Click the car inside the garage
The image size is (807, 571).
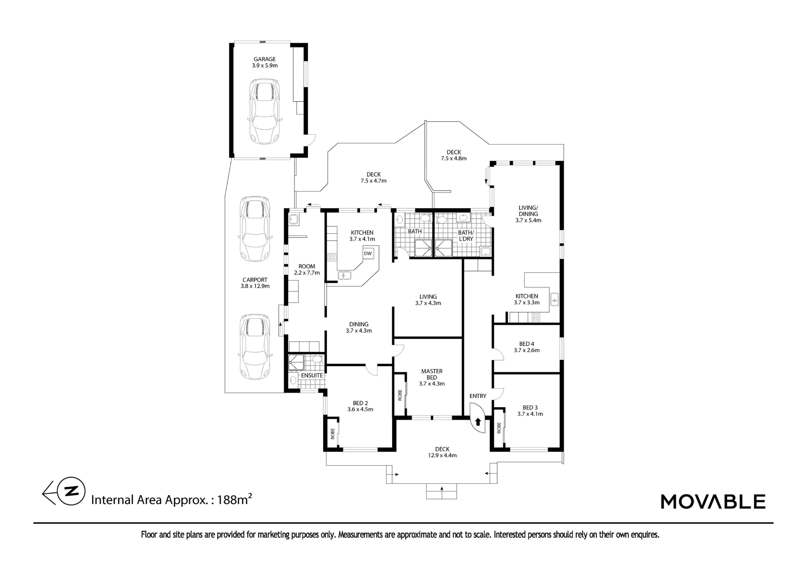coord(265,111)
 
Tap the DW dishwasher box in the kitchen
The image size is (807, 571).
coord(368,253)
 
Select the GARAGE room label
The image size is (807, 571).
coord(265,59)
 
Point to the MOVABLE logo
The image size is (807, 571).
coord(713,502)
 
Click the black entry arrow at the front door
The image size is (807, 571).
coord(478,422)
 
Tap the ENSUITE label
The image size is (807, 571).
coord(312,375)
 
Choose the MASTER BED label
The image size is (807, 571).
coord(432,374)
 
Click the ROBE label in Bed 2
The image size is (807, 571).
coord(333,434)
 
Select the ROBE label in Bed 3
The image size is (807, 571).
coord(499,428)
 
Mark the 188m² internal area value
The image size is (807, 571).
coord(234,499)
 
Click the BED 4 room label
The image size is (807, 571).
coord(527,344)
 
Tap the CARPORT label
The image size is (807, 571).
coord(255,280)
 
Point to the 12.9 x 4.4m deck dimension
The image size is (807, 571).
coord(442,455)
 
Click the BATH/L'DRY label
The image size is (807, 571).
coord(466,236)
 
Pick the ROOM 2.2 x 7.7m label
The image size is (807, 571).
coord(307,270)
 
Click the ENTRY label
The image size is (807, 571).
coord(478,396)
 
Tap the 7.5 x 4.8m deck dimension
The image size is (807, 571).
coord(454,158)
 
